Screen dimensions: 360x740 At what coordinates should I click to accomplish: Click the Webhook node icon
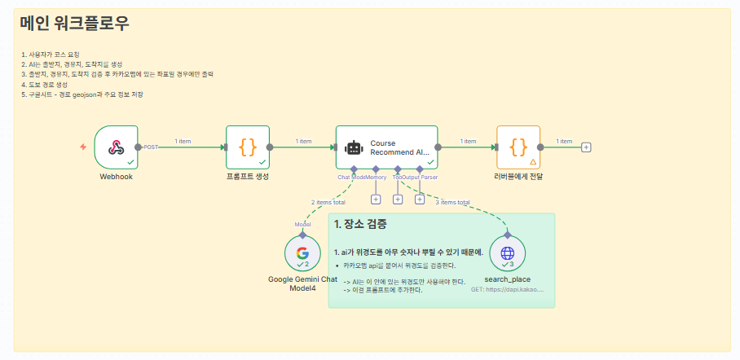(116, 147)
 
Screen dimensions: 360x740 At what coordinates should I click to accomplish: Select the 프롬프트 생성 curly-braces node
(247, 147)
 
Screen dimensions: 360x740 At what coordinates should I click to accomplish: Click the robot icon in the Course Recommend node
(353, 147)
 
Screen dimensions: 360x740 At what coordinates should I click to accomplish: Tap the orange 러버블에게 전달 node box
(518, 147)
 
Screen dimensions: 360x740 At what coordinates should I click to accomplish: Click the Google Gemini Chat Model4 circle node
(302, 253)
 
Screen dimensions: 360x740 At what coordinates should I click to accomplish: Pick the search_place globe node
(507, 253)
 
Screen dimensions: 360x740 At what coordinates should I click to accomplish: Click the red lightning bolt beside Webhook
(83, 147)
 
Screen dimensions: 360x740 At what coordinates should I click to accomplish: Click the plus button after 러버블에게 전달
(586, 147)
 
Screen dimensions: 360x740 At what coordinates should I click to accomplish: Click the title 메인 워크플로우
(75, 24)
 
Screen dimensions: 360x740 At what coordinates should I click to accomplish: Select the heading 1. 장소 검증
(360, 224)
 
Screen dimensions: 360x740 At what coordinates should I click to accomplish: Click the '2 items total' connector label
(328, 202)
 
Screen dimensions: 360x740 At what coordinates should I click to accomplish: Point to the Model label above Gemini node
(302, 224)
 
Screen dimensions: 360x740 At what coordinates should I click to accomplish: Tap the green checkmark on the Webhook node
(130, 161)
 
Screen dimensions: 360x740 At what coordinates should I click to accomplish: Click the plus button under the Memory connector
(376, 199)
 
